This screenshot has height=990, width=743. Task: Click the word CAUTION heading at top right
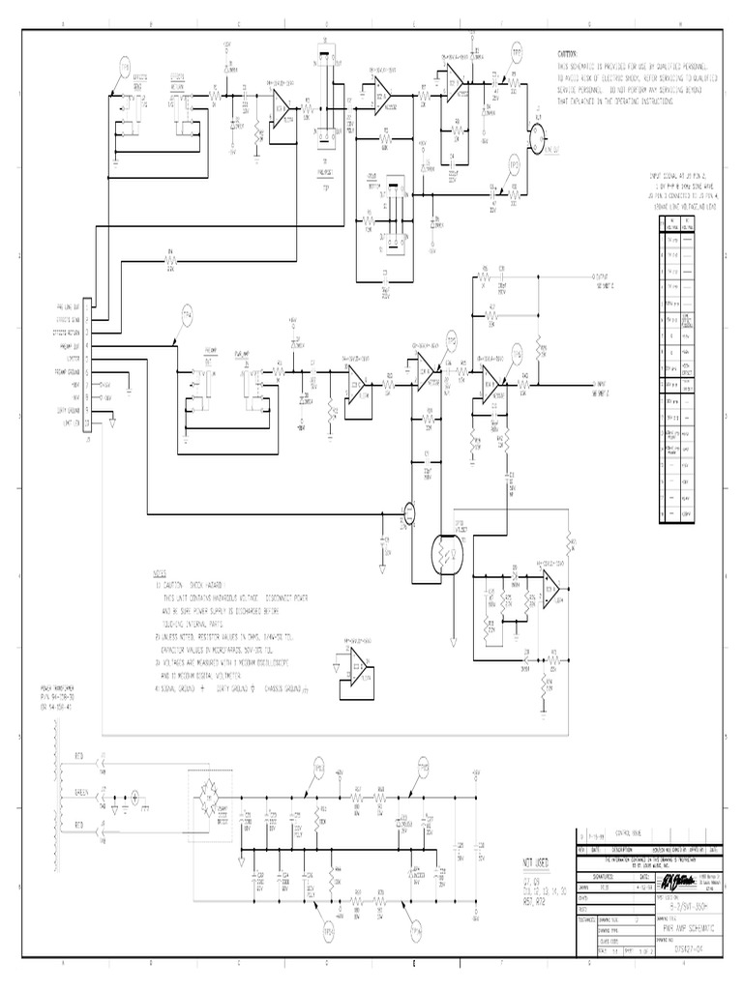point(567,54)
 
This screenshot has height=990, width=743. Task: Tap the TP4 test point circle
point(187,315)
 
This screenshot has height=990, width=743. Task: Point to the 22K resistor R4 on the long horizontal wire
point(170,258)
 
